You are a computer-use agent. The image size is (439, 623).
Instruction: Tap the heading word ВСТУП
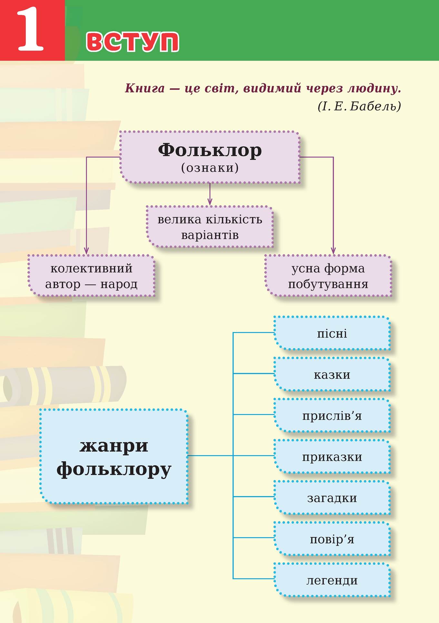(133, 42)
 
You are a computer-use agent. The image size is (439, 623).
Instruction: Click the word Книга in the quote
(145, 88)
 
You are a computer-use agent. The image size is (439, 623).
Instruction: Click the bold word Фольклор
(210, 150)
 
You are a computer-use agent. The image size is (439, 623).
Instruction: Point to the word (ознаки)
(210, 168)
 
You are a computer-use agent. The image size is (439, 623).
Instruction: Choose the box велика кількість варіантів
(210, 227)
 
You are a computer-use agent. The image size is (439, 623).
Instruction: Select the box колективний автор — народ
(91, 276)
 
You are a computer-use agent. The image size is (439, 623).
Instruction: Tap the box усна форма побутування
(328, 276)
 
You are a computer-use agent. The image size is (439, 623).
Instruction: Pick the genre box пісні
(332, 333)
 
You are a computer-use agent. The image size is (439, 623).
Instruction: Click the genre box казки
(332, 375)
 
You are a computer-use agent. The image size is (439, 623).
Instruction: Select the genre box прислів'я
(332, 415)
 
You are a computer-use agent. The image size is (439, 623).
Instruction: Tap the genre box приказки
(332, 457)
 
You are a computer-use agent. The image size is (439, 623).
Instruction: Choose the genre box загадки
(332, 498)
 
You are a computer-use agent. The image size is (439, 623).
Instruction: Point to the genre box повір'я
(332, 539)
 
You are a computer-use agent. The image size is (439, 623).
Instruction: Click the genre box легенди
(332, 580)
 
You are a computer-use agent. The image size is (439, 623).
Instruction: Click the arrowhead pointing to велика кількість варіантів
(210, 202)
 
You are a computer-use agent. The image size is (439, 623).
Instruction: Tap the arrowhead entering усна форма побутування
(333, 251)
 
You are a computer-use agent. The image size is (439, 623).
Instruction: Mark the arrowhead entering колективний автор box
(86, 251)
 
